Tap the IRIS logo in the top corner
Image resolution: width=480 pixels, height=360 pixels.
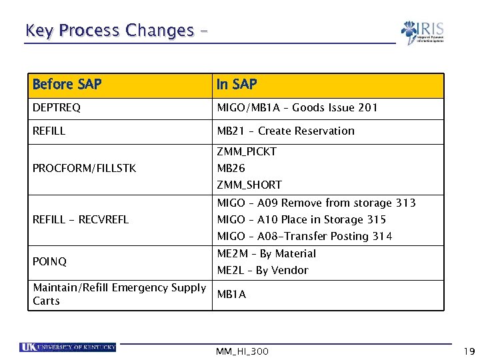pyautogui.click(x=422, y=33)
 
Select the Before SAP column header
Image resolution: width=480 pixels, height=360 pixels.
pyautogui.click(x=67, y=85)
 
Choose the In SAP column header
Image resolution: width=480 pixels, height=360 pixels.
pyautogui.click(x=237, y=85)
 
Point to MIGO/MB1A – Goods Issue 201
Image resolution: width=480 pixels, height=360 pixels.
pyautogui.click(x=297, y=108)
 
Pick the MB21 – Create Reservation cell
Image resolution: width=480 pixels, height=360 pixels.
pyautogui.click(x=285, y=131)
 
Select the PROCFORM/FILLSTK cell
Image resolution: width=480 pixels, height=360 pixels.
pyautogui.click(x=84, y=168)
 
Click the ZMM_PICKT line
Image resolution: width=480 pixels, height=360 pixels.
pyautogui.click(x=247, y=152)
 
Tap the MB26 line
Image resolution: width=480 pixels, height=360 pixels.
pyautogui.click(x=231, y=168)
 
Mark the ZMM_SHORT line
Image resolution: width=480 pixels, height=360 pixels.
pyautogui.click(x=249, y=185)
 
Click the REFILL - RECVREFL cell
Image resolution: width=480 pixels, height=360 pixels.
pyautogui.click(x=81, y=219)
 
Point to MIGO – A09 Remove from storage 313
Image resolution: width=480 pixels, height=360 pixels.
pyautogui.click(x=316, y=203)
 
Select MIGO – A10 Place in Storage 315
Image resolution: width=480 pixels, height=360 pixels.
pyautogui.click(x=301, y=219)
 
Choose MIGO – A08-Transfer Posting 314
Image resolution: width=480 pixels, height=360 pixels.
pyautogui.click(x=305, y=236)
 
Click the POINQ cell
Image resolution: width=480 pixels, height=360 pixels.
pyautogui.click(x=49, y=262)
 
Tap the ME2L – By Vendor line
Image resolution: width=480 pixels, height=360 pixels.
pyautogui.click(x=263, y=270)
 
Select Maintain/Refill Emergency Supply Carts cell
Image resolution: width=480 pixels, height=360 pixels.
pyautogui.click(x=119, y=294)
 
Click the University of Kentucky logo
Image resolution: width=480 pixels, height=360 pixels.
pyautogui.click(x=68, y=347)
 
